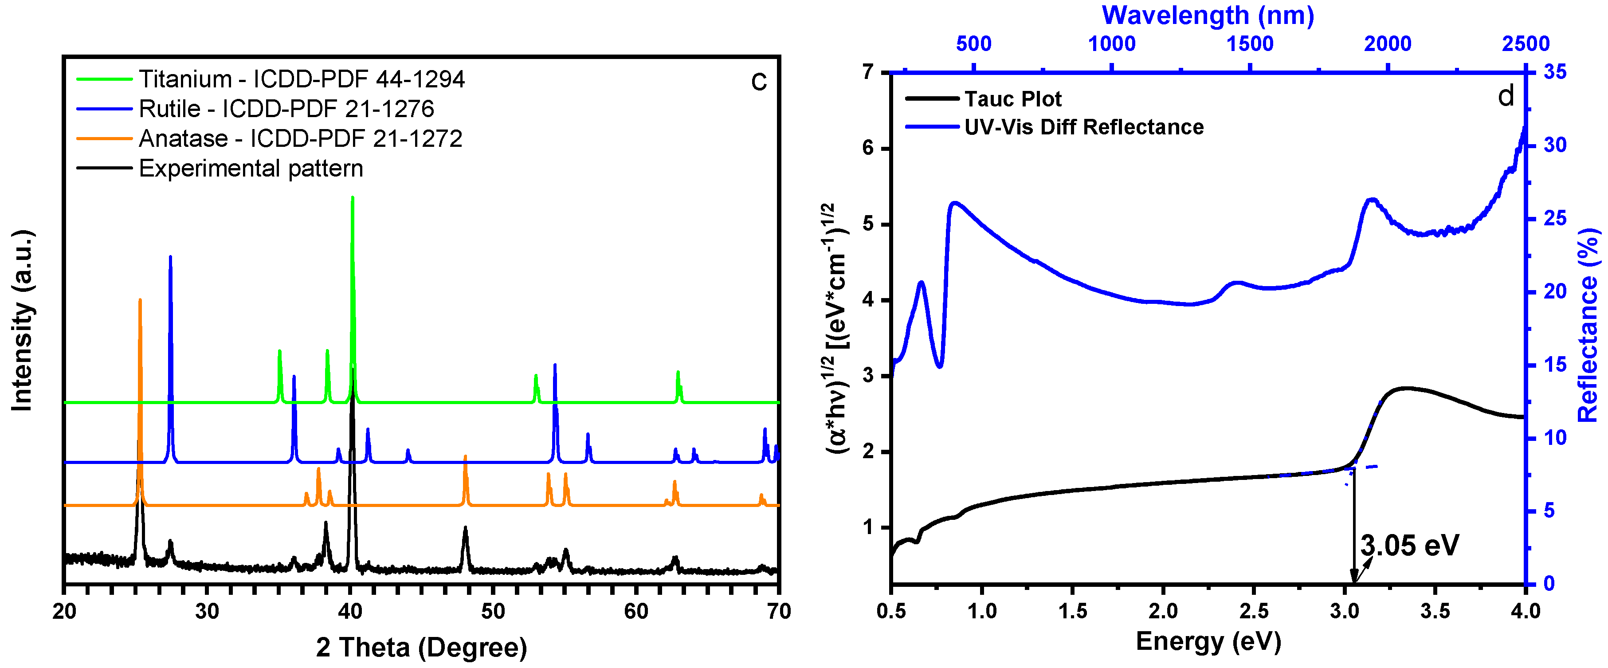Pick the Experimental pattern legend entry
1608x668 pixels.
(x=250, y=169)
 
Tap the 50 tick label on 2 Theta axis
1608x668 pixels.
(x=493, y=611)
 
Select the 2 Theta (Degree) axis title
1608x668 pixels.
(x=421, y=648)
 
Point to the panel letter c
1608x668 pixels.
(x=758, y=81)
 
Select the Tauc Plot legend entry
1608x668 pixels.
(x=1012, y=98)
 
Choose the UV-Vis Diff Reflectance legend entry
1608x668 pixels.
(x=1084, y=127)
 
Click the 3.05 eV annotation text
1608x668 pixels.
(x=1409, y=546)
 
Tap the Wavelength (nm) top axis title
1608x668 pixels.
(x=1208, y=15)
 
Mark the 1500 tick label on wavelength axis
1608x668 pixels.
(x=1250, y=44)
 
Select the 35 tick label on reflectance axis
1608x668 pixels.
(x=1555, y=72)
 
